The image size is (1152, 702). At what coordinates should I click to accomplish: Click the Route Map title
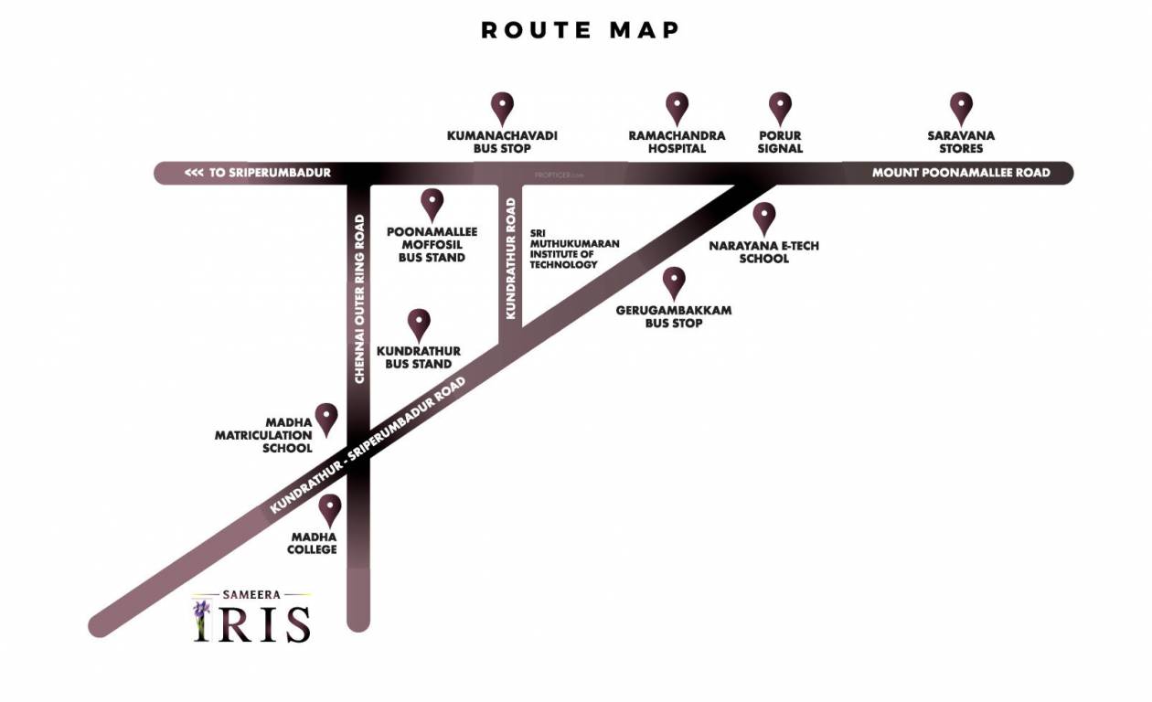(x=581, y=30)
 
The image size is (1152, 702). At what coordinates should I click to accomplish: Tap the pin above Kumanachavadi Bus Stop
(x=502, y=107)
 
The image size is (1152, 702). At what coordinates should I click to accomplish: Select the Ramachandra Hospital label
(x=677, y=142)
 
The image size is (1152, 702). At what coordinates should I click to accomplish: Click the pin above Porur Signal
(x=780, y=107)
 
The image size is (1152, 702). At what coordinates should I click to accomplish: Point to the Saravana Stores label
(x=961, y=142)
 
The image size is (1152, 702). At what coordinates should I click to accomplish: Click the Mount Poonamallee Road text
(x=961, y=173)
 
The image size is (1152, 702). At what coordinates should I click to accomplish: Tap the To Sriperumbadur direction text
(x=257, y=173)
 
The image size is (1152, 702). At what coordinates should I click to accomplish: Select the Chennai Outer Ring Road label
(x=359, y=298)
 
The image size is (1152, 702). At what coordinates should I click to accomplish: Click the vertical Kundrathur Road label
(x=511, y=257)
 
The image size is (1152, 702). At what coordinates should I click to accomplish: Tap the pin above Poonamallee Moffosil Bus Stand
(x=432, y=203)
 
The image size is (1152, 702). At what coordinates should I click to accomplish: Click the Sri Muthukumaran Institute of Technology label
(x=574, y=249)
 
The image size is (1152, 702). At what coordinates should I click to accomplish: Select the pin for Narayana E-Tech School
(x=764, y=217)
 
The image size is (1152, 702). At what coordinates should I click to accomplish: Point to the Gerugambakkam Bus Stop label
(x=674, y=316)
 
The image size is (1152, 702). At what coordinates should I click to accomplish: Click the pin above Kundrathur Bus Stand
(x=419, y=323)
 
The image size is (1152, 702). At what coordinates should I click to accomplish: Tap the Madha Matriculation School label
(x=263, y=435)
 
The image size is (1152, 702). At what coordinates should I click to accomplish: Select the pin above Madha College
(x=329, y=508)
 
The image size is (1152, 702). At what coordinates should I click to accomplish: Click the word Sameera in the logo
(x=251, y=594)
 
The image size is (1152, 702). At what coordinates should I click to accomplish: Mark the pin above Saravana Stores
(x=961, y=107)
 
